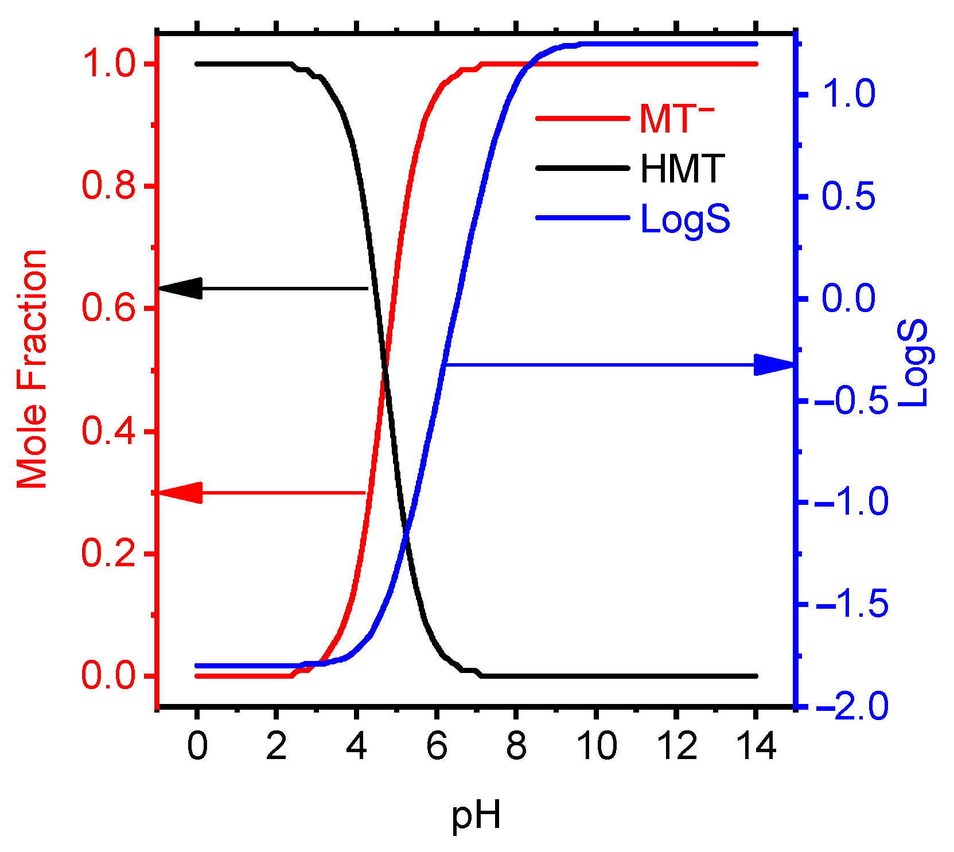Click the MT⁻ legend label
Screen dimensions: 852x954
click(677, 119)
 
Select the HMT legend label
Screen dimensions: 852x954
click(683, 169)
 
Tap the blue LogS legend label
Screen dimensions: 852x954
click(685, 219)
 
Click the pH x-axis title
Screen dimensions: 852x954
click(476, 815)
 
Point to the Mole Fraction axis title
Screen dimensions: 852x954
click(32, 369)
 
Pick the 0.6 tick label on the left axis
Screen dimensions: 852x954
click(109, 308)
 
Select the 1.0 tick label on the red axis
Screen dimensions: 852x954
click(109, 64)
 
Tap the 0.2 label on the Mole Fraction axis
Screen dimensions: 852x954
click(109, 554)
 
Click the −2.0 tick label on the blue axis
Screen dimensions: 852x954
click(851, 706)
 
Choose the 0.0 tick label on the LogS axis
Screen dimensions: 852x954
click(848, 298)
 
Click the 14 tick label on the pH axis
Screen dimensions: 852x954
click(756, 746)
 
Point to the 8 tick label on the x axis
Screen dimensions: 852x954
click(516, 746)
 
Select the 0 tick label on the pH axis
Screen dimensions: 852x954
click(197, 746)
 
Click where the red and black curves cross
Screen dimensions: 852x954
click(384, 370)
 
